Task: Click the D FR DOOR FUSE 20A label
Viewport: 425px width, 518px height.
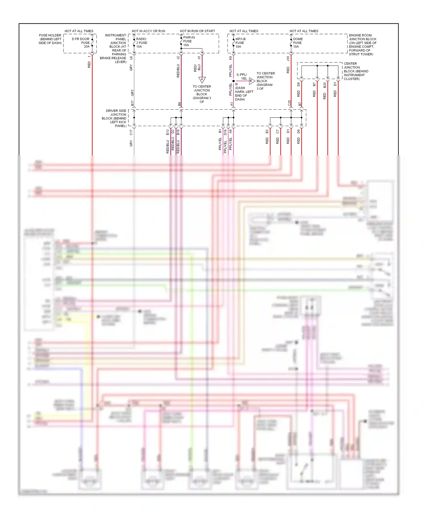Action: pos(81,43)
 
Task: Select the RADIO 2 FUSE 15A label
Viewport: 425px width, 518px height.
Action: pos(141,43)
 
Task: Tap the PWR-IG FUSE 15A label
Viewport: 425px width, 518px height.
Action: pos(189,41)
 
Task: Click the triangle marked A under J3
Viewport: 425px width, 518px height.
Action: pos(202,80)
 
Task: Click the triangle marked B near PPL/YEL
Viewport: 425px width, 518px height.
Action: pos(251,81)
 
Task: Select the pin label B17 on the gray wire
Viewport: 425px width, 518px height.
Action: pos(132,103)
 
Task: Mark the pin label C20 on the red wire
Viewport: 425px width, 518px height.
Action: pos(289,103)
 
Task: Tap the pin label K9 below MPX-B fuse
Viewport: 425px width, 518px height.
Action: pos(230,58)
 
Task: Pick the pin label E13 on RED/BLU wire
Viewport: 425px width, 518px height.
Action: pos(167,132)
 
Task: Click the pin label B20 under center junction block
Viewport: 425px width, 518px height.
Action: pos(325,84)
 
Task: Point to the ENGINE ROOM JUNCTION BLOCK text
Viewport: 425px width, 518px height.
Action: pos(362,44)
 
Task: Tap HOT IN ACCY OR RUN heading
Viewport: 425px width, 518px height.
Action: pos(148,31)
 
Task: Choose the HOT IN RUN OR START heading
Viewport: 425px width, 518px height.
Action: pos(197,31)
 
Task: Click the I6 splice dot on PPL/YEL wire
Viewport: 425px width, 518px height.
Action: pos(233,81)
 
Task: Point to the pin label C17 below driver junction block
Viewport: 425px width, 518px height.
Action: pos(131,132)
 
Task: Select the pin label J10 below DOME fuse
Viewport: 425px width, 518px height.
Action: pos(288,58)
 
